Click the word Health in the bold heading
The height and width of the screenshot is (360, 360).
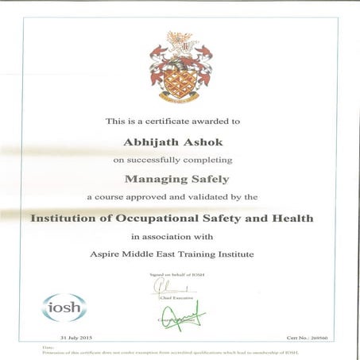292,217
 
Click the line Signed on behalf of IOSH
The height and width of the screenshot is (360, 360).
180,273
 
